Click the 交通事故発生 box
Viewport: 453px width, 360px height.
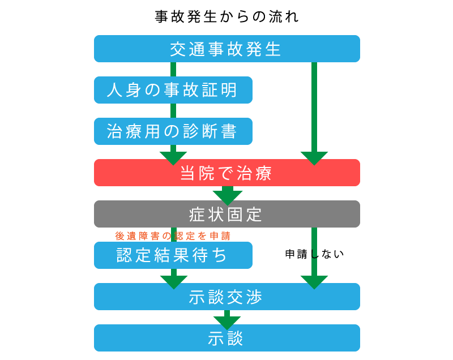(226, 49)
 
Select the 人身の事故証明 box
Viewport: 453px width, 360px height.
(173, 90)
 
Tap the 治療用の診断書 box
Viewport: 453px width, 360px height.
(173, 131)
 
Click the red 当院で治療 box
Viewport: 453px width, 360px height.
(226, 173)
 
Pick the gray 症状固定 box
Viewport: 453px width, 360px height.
(226, 214)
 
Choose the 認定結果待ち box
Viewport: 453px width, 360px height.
(173, 255)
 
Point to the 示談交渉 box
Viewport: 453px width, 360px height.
(226, 297)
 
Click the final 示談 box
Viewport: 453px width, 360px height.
(226, 338)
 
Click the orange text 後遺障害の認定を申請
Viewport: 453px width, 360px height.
(173, 235)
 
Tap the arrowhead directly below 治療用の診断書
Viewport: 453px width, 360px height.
(173, 157)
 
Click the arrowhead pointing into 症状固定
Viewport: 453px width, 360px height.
(228, 197)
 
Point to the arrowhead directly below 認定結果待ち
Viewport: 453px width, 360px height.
(174, 280)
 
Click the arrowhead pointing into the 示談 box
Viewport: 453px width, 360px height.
(227, 322)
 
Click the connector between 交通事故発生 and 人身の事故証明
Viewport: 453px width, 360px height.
(173, 69)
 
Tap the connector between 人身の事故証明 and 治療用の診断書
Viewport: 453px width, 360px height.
(173, 110)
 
